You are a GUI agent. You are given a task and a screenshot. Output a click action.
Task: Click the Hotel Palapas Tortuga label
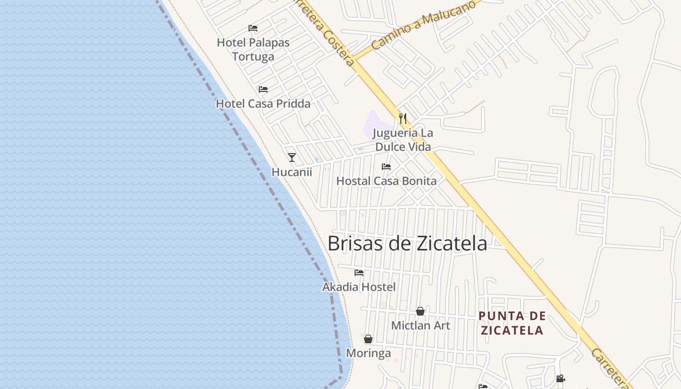tap(253, 50)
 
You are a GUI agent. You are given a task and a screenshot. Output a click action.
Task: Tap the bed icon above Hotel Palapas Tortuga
tap(253, 28)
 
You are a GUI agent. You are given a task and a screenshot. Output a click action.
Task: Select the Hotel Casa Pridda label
tap(263, 104)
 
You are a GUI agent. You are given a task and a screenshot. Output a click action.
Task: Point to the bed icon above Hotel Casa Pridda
tap(263, 89)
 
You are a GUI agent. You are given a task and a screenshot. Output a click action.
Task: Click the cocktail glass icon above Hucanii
tap(292, 157)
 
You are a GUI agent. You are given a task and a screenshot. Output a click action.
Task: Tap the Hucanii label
tap(292, 172)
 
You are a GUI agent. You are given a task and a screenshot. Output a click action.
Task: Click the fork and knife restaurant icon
tap(403, 118)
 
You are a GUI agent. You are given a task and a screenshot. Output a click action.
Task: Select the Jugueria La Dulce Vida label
tap(403, 140)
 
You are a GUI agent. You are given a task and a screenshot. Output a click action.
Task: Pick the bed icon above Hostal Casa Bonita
tap(386, 167)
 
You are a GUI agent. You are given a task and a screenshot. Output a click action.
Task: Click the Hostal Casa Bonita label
tap(386, 181)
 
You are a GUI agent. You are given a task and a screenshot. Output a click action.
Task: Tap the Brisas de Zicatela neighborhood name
tap(407, 244)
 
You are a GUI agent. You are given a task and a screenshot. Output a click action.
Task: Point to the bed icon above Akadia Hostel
tap(359, 273)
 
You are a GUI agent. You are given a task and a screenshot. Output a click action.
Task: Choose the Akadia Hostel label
tap(359, 287)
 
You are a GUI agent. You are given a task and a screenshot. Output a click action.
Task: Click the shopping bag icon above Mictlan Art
tap(420, 311)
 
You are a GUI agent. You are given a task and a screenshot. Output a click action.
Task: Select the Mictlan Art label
tap(421, 325)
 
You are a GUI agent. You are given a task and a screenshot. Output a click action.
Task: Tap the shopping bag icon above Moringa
tap(368, 339)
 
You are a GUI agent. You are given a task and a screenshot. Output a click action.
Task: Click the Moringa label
tap(368, 354)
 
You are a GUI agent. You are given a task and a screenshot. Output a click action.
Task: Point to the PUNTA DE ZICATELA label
tap(511, 323)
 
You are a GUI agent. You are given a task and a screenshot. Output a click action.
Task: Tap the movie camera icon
tap(560, 378)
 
